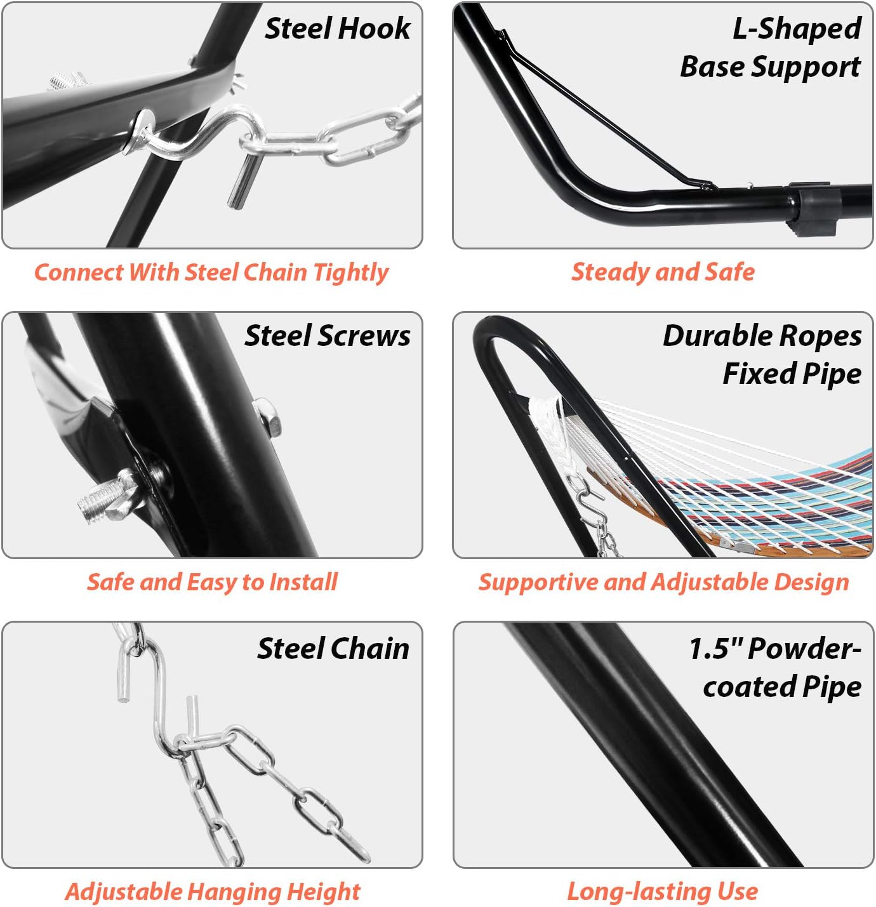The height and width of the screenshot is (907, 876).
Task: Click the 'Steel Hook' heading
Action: (337, 29)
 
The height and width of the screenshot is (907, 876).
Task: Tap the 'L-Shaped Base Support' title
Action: (770, 48)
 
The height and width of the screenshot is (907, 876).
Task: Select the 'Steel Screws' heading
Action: (328, 336)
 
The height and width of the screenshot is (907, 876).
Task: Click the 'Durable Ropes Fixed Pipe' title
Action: (762, 355)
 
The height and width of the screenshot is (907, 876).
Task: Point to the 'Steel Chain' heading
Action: (333, 649)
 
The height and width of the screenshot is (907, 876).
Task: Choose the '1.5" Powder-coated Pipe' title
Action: (775, 667)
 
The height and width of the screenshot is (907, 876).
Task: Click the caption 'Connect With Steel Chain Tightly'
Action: (211, 272)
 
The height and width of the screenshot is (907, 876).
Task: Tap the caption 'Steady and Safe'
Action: (663, 272)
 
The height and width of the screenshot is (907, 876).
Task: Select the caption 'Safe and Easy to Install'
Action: (212, 582)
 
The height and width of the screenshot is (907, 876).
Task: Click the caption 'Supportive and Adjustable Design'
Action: (663, 582)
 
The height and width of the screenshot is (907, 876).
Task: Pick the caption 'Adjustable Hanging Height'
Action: (212, 892)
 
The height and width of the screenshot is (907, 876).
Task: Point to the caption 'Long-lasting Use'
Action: (662, 892)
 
